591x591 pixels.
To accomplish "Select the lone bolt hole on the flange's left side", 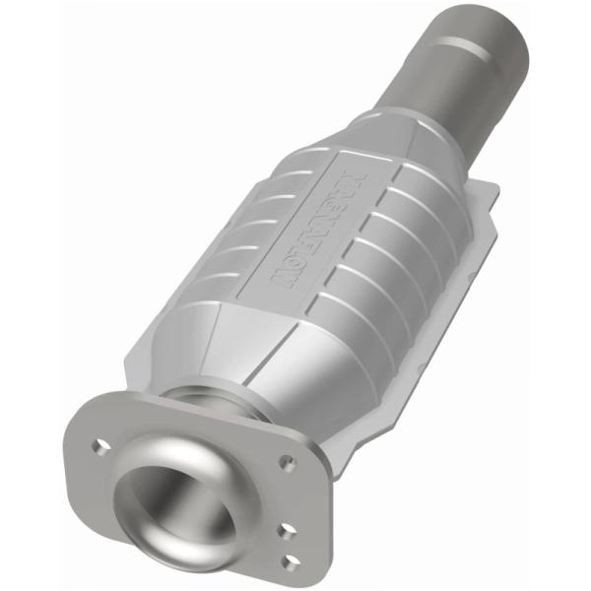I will pos(98,445).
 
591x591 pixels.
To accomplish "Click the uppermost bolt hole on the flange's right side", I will pos(287,461).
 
